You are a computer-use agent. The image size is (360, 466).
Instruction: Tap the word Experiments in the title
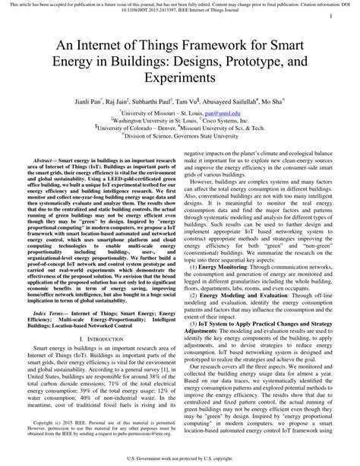point(180,78)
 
